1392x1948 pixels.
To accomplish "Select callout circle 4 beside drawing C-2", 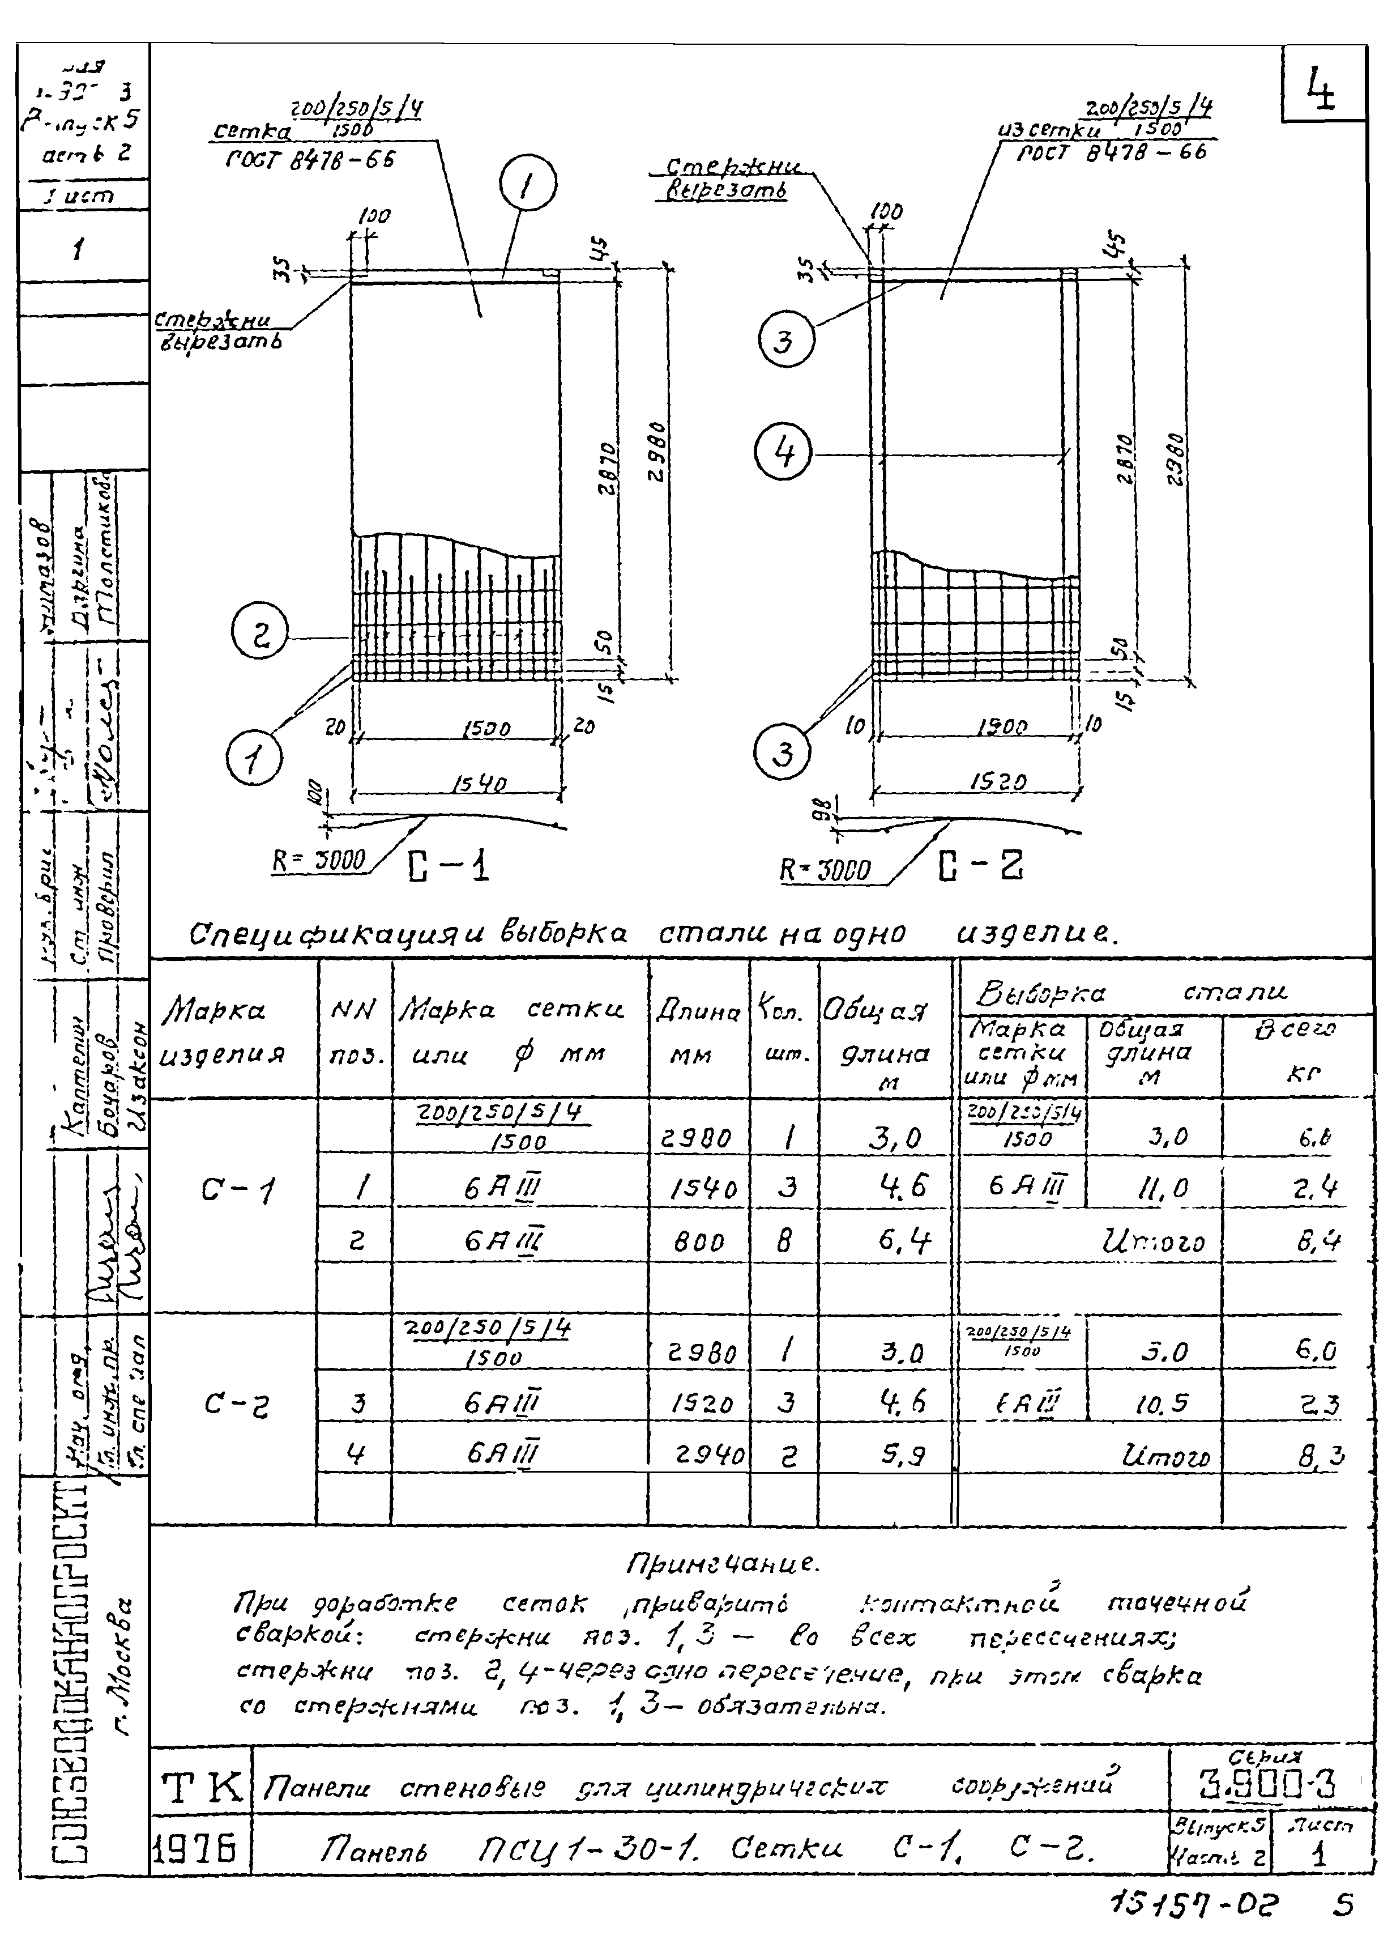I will (783, 453).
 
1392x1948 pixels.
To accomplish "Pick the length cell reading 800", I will (699, 1243).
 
